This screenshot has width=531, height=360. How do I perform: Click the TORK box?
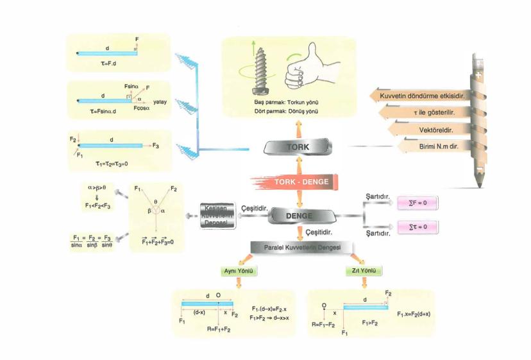(299, 148)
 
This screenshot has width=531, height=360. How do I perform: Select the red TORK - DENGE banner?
(300, 182)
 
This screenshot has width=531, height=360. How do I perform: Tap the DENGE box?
(299, 216)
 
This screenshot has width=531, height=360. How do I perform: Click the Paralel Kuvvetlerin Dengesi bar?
(299, 247)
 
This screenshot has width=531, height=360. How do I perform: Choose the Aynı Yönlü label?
(239, 271)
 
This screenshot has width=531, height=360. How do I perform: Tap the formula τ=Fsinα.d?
(106, 111)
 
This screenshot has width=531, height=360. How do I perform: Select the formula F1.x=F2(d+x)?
(414, 314)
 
